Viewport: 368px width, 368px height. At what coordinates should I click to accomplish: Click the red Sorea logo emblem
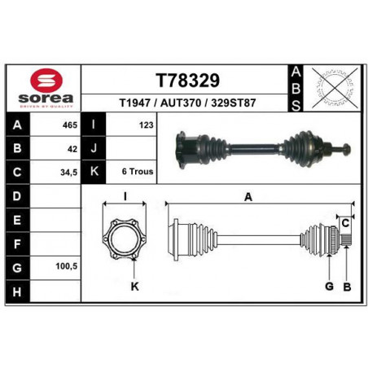[x=46, y=80]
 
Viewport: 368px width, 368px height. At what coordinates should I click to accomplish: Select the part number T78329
[x=187, y=81]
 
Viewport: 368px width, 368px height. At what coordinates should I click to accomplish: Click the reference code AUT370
[x=181, y=103]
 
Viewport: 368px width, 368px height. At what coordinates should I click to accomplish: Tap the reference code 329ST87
[x=234, y=103]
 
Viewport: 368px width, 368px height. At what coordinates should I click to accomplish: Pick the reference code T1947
[x=135, y=103]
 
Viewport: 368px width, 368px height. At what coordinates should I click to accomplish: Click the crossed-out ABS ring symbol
[x=335, y=88]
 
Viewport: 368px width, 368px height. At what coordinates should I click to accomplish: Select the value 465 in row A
[x=70, y=125]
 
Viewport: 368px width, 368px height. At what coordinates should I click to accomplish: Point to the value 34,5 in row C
[x=69, y=173]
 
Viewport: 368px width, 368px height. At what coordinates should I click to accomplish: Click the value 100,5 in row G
[x=67, y=266]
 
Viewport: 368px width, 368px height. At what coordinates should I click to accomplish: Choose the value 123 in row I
[x=147, y=125]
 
